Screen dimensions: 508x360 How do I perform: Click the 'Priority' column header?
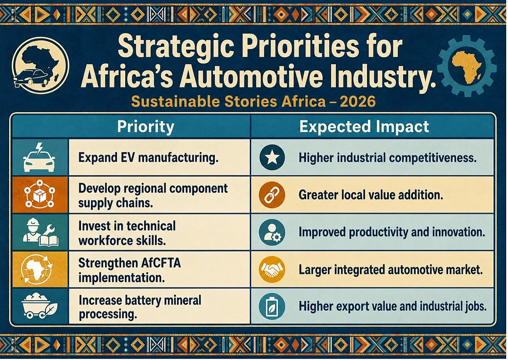[x=146, y=127]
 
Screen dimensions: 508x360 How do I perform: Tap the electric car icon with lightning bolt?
[x=39, y=157]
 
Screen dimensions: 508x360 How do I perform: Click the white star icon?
[x=272, y=157]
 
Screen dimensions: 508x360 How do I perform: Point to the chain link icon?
[x=272, y=195]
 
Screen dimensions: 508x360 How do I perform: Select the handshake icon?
[x=272, y=269]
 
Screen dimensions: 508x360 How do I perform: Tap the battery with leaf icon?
[x=272, y=306]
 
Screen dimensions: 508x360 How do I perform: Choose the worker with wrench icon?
[x=41, y=232]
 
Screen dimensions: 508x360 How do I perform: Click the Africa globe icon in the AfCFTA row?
[x=37, y=270]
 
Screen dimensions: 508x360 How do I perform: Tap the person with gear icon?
[x=272, y=232]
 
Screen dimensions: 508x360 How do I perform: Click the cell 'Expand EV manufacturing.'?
[x=148, y=158]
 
